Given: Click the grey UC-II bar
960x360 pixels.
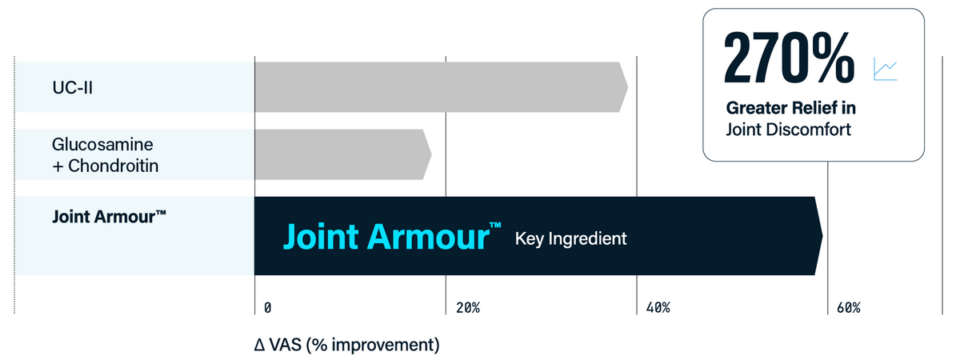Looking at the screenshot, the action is (442, 87).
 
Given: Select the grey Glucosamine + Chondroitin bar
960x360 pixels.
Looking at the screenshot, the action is (343, 154).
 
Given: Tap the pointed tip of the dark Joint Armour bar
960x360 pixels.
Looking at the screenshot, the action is (822, 236).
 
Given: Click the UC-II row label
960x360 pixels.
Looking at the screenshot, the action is (73, 87).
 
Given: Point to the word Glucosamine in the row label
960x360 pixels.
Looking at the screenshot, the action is (102, 145).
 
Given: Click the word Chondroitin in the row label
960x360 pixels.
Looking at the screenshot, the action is (113, 166).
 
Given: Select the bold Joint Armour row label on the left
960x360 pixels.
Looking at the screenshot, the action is (109, 217).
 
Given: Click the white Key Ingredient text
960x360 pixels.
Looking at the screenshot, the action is (571, 238).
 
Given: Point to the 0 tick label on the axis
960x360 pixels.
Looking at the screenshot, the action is (267, 308).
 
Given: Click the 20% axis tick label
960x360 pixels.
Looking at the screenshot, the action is (468, 308).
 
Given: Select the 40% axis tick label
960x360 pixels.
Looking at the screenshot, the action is (658, 308).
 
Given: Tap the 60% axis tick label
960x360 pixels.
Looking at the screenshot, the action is (849, 308).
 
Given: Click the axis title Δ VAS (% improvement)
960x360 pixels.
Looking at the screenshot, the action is (346, 345).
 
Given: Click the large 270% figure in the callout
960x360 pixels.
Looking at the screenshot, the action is (789, 58).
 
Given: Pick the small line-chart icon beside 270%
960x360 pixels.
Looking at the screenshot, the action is (886, 70).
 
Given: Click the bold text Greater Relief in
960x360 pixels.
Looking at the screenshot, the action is (790, 108).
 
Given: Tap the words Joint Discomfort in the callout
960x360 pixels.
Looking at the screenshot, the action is (789, 130).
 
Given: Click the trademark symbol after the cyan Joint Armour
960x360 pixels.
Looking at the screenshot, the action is (495, 226).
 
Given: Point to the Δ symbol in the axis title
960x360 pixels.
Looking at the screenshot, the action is (260, 345).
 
